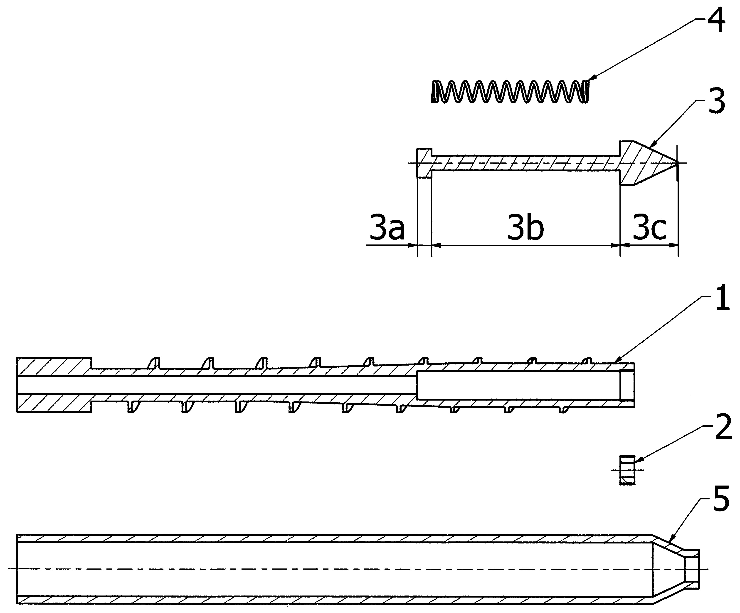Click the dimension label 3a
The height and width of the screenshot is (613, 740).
point(387,229)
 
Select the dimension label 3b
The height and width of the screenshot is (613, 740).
point(525,229)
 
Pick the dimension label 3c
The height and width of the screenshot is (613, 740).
point(649,229)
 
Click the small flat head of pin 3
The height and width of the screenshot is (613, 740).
point(424,163)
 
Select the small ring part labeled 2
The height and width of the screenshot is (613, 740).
point(627,470)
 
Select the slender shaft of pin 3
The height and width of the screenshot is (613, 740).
point(525,163)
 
